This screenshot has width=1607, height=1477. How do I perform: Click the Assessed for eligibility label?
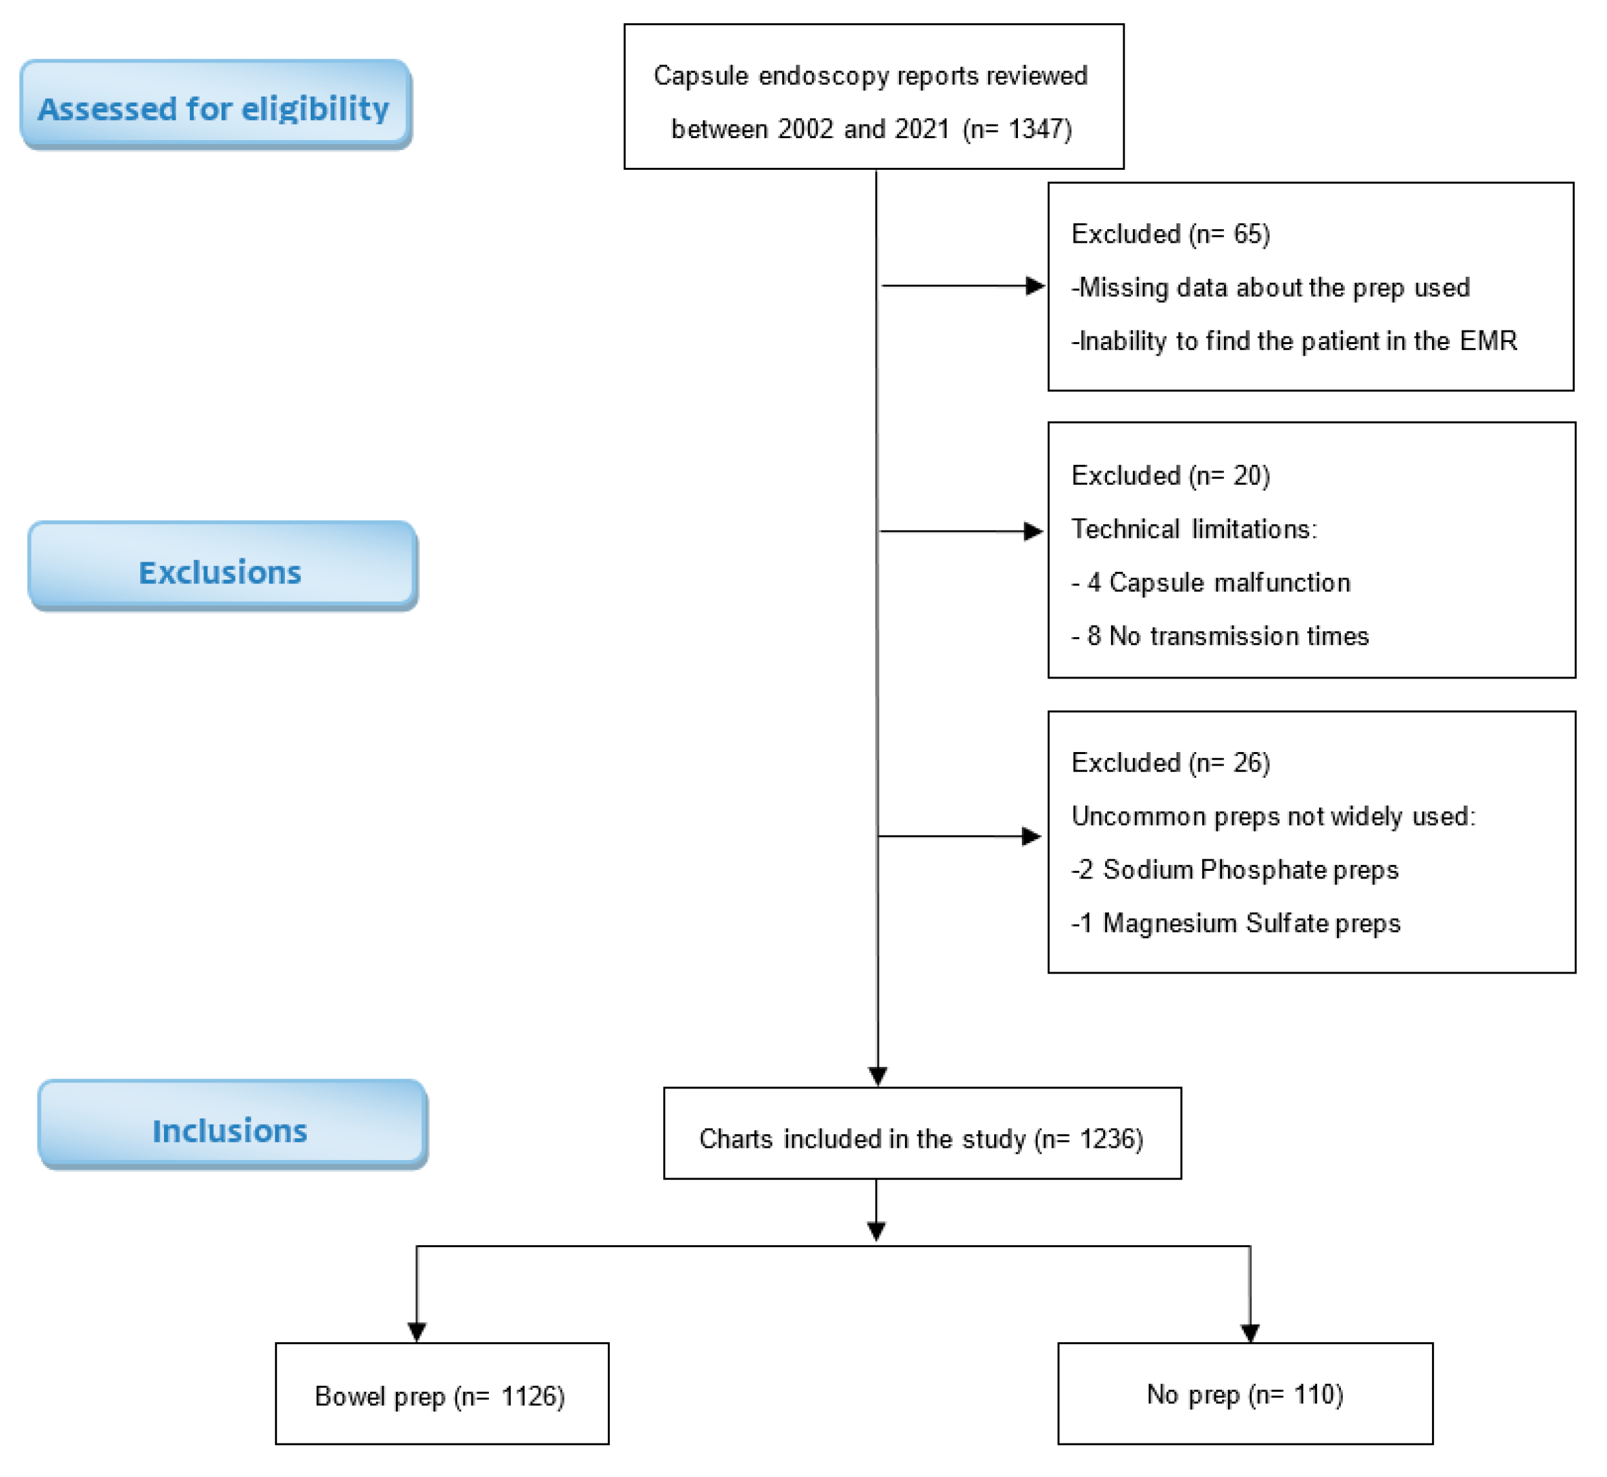(214, 108)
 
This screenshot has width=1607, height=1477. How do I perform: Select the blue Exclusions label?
(221, 572)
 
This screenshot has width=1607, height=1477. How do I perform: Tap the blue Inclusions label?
(230, 1131)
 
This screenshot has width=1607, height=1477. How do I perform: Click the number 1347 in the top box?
(1038, 128)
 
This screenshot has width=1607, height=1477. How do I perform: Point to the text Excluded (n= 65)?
(1170, 234)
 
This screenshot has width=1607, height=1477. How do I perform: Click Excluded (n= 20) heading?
(1170, 476)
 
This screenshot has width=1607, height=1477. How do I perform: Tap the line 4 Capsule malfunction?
(1210, 583)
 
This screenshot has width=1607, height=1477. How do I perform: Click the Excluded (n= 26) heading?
(1170, 763)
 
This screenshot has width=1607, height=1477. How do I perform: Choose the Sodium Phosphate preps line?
(1234, 870)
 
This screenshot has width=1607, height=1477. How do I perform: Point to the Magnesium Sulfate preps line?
(1235, 924)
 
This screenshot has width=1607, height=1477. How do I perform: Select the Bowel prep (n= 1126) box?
(441, 1396)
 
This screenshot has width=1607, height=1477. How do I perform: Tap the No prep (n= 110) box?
(1245, 1394)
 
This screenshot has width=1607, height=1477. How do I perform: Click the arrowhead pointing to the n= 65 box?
(1035, 286)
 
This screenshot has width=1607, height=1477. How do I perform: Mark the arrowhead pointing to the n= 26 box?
(1032, 837)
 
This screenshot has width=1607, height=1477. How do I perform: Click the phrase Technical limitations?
(1194, 529)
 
